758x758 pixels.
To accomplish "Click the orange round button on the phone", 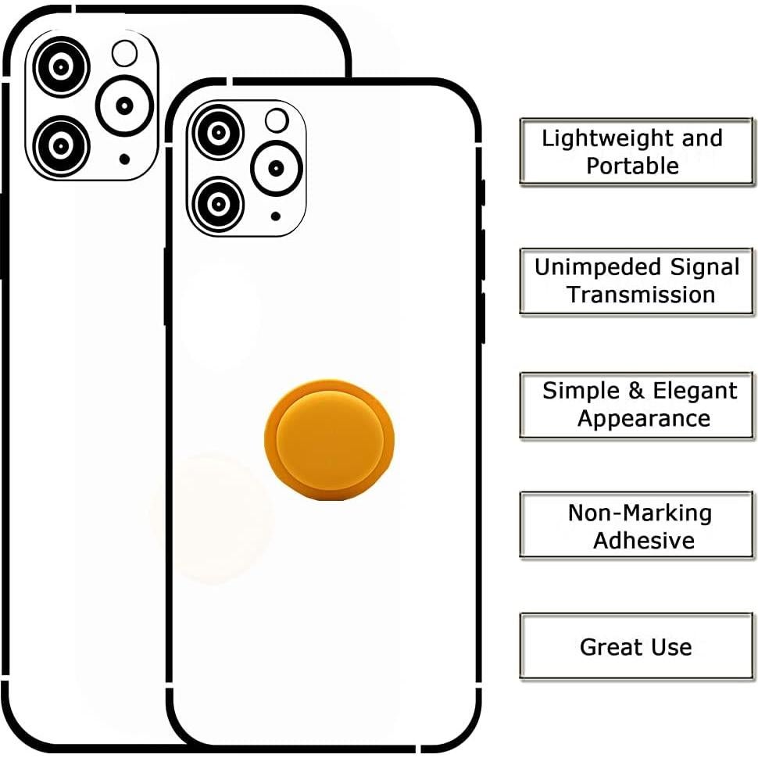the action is coord(329,439).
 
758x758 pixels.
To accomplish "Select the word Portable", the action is coord(632,166).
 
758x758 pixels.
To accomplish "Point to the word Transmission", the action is coord(641,295).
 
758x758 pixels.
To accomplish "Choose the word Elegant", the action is coord(695,391).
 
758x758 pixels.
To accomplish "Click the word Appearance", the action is coord(644,419).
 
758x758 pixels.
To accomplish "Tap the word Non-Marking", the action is coord(639,513).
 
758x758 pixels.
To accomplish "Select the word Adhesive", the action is coord(643,541).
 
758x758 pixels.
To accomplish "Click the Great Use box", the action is coord(636,646).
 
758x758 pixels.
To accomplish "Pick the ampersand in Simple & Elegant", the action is coord(635,391).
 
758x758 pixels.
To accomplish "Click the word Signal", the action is coord(704,267).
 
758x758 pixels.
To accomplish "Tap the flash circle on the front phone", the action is coord(277,120).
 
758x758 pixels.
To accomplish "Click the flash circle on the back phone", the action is coord(124,53).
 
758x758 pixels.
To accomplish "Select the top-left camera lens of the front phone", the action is coord(219,133).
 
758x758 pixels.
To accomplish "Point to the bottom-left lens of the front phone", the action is coord(219,204).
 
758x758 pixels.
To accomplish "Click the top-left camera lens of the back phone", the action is coord(62,66).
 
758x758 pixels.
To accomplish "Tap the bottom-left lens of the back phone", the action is coord(62,145).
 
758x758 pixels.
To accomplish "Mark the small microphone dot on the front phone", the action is coord(276,216).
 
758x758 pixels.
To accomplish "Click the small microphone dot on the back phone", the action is coord(124,159).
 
